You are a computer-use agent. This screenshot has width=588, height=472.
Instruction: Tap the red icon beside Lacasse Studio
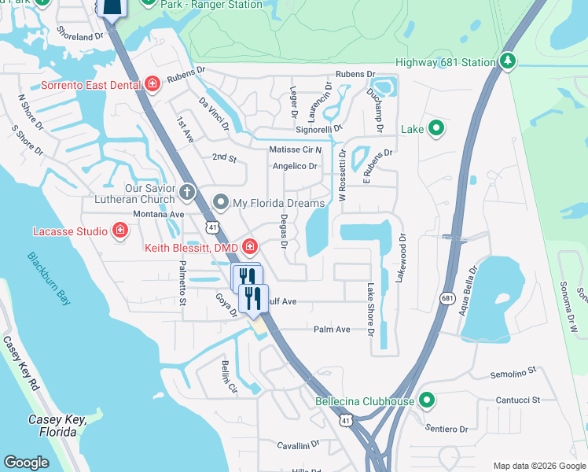pyautogui.click(x=120, y=230)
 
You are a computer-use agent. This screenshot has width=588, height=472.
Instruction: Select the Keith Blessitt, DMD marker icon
pyautogui.click(x=249, y=246)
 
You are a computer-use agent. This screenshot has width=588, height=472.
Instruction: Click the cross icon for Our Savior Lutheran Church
pyautogui.click(x=187, y=191)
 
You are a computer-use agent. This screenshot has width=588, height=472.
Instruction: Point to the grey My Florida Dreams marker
pyautogui.click(x=222, y=203)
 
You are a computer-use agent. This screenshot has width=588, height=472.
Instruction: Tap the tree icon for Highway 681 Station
pyautogui.click(x=507, y=61)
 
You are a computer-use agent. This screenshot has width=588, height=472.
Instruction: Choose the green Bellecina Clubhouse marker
pyautogui.click(x=427, y=401)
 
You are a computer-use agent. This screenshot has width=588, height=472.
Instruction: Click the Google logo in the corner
pyautogui.click(x=26, y=463)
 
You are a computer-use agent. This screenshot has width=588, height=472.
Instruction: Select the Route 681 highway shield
pyautogui.click(x=447, y=298)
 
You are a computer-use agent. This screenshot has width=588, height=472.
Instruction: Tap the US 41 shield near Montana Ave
pyautogui.click(x=213, y=227)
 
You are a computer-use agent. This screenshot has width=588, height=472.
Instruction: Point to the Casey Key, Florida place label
pyautogui.click(x=57, y=426)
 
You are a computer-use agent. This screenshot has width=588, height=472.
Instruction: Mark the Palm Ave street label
pyautogui.click(x=331, y=330)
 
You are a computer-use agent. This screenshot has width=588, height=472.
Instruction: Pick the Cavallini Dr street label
pyautogui.click(x=299, y=444)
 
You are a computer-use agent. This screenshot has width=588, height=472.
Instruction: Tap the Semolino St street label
pyautogui.click(x=513, y=370)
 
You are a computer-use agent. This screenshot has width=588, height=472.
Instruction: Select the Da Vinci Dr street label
pyautogui.click(x=214, y=114)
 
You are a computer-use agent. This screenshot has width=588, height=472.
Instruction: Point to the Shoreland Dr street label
pyautogui.click(x=79, y=35)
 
